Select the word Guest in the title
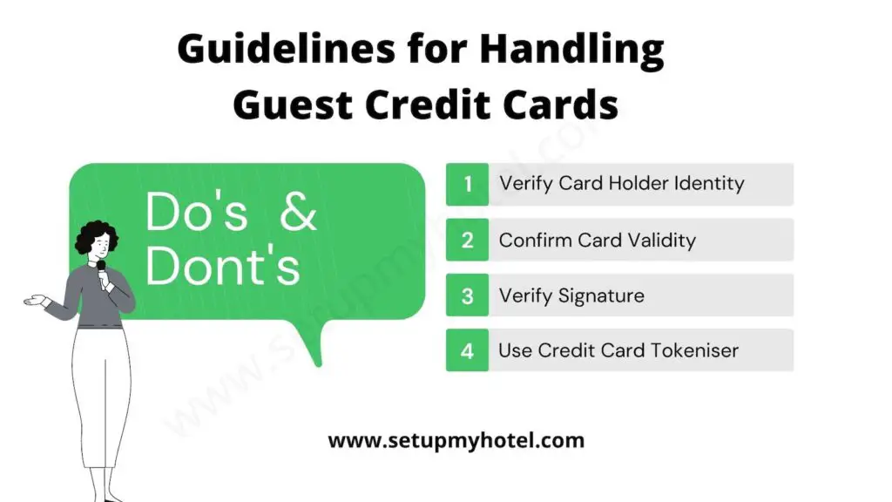pyautogui.click(x=293, y=105)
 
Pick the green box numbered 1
pyautogui.click(x=468, y=184)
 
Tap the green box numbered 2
pyautogui.click(x=468, y=240)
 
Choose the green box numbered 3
pyautogui.click(x=468, y=295)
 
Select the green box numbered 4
pyautogui.click(x=468, y=350)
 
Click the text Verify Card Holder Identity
pyautogui.click(x=621, y=184)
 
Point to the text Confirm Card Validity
pyautogui.click(x=597, y=240)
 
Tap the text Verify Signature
pyautogui.click(x=571, y=295)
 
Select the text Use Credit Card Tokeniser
pyautogui.click(x=618, y=350)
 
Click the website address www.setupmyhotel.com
pyautogui.click(x=456, y=440)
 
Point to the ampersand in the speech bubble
pyautogui.click(x=299, y=212)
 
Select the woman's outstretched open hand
pyautogui.click(x=35, y=302)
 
